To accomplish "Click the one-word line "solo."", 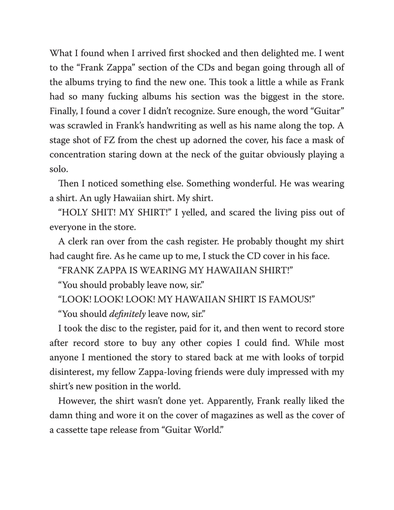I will (59, 169).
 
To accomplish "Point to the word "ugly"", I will (102, 198).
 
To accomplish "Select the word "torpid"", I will (330, 358).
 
